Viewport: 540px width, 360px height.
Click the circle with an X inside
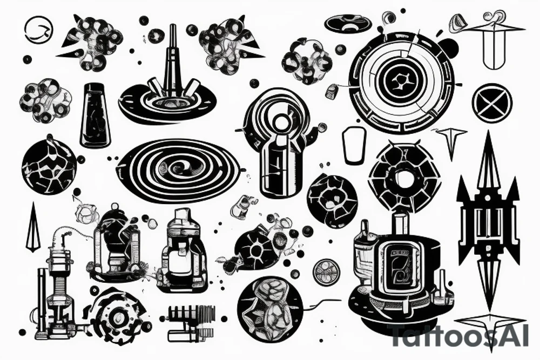tap(492, 102)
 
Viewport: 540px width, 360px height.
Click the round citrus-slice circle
tap(328, 271)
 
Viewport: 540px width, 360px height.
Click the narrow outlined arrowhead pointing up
tap(33, 227)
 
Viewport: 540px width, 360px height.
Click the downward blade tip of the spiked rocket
tap(488, 273)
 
